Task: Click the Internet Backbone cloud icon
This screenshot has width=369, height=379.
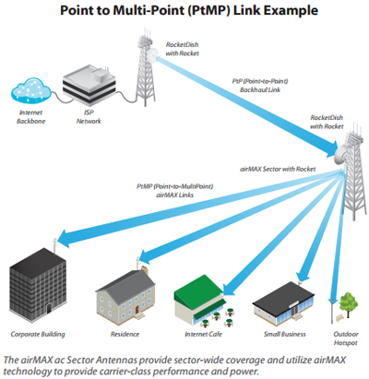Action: point(31,90)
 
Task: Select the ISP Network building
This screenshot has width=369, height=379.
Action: point(89,83)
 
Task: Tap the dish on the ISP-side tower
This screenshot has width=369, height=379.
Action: point(152,54)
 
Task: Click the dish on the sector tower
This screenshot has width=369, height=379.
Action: point(340,155)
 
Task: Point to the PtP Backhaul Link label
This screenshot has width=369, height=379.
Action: point(260,86)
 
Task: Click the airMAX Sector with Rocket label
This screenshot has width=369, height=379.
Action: point(278,169)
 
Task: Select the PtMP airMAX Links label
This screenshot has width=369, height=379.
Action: point(175,191)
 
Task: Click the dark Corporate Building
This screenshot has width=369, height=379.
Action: point(38,284)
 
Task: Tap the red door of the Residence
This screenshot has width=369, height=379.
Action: point(137,309)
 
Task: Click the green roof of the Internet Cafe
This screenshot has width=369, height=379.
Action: point(198,289)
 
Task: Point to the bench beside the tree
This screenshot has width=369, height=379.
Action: point(339,318)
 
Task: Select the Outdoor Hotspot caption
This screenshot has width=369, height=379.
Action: point(346,338)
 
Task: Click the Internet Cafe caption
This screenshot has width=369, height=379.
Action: point(203,334)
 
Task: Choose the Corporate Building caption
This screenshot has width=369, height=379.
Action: point(38,334)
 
